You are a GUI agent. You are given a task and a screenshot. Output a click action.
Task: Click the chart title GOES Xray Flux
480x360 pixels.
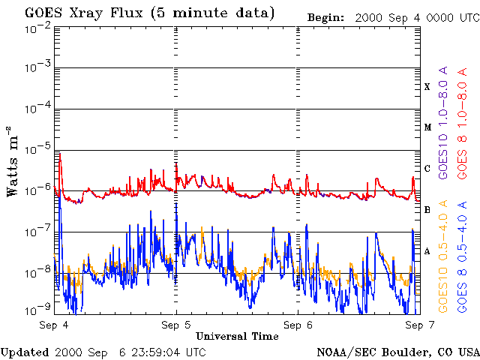tap(83, 13)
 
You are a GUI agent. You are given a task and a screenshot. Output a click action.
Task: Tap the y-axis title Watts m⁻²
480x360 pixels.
tap(13, 161)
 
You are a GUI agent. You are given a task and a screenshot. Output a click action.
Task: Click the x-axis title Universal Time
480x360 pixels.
tap(237, 336)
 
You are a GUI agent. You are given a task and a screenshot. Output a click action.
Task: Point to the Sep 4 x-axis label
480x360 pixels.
tap(54, 325)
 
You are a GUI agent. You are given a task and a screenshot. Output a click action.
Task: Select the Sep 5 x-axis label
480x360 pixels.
tap(176, 325)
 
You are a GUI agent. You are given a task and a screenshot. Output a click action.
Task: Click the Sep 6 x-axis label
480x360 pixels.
tap(298, 325)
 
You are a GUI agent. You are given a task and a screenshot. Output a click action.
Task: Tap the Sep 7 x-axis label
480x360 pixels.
tap(420, 325)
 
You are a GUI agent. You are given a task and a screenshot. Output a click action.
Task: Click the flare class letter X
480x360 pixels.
tap(427, 87)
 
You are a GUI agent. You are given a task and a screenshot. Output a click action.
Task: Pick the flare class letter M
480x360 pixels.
tap(427, 127)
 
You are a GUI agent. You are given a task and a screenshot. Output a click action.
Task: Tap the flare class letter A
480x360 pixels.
tap(427, 251)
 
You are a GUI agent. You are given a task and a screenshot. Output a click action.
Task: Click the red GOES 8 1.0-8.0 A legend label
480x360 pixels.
tap(462, 123)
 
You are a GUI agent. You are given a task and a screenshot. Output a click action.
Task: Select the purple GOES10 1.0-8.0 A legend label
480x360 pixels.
tap(442, 122)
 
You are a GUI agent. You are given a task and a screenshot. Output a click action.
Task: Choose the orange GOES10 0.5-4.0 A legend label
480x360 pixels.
tap(442, 256)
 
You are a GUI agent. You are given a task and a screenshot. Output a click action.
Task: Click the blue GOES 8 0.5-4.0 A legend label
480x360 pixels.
tap(462, 256)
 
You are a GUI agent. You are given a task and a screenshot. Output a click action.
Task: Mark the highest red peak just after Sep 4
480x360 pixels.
tap(60, 154)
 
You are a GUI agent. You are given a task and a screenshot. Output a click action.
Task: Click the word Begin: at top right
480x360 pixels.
tap(325, 17)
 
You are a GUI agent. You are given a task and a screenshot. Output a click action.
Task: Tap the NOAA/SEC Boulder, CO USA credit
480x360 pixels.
tap(398, 352)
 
